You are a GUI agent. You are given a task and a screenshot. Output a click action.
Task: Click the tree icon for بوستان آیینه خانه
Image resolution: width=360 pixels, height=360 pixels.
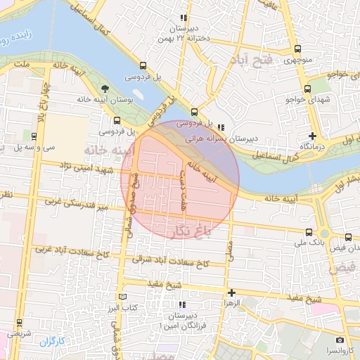tap(105, 89)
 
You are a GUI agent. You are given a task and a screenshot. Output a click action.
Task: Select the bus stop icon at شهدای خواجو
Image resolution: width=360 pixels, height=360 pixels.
tap(308, 89)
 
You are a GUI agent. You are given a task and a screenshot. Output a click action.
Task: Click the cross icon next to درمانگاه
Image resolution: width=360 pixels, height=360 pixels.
tap(312, 135)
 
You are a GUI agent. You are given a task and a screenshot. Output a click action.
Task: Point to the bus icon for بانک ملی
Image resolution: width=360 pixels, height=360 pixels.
tap(309, 231)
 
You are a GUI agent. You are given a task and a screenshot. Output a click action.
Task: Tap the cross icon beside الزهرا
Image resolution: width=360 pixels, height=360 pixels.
tap(231, 292)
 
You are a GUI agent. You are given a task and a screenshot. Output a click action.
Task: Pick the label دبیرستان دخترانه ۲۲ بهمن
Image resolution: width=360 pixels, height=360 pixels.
tap(184, 32)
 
